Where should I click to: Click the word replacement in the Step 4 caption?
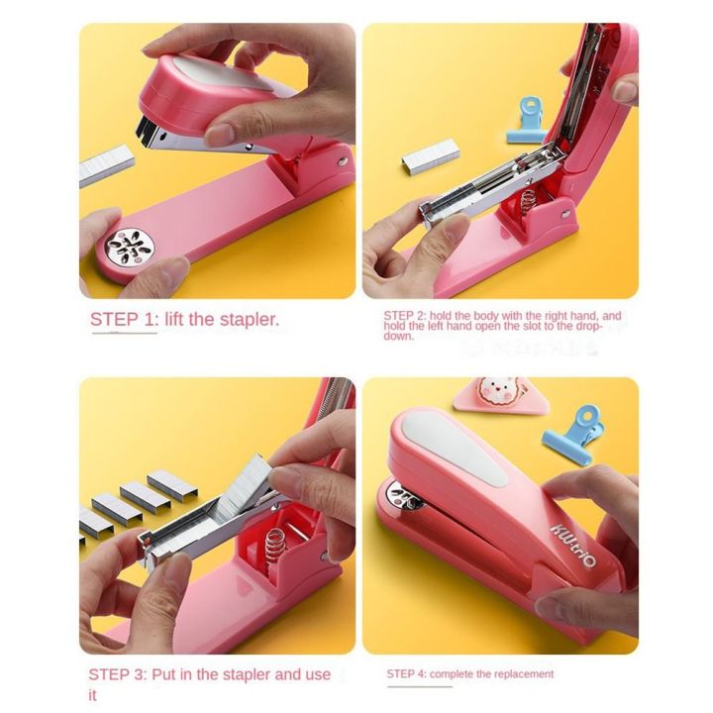click(519, 674)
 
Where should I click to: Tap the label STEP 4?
click(406, 674)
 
